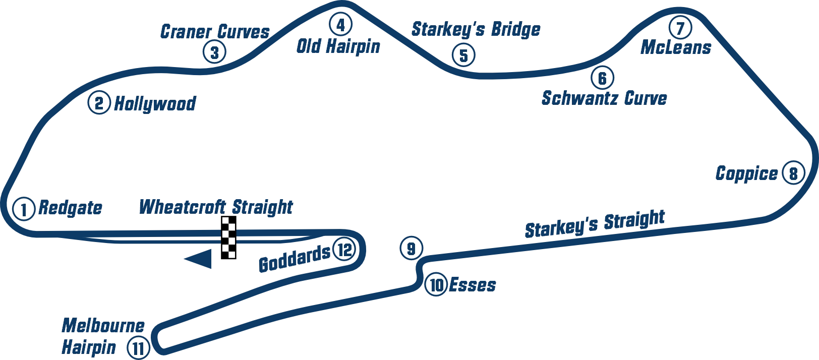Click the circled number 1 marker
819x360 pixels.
23,209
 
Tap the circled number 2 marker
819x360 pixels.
99,103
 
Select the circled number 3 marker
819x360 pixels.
214,52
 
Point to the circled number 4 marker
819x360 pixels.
340,24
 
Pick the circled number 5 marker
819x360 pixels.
463,55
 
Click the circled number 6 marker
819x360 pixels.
602,78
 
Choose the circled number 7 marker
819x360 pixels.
680,28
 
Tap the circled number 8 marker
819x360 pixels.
793,173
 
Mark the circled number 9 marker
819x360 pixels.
411,249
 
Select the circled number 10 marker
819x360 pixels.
436,285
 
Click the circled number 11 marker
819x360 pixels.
138,347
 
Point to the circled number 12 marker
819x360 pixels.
344,250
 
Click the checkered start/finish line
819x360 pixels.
227,238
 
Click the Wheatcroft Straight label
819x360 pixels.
215,206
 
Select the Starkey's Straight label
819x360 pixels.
595,223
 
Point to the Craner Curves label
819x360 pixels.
214,31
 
